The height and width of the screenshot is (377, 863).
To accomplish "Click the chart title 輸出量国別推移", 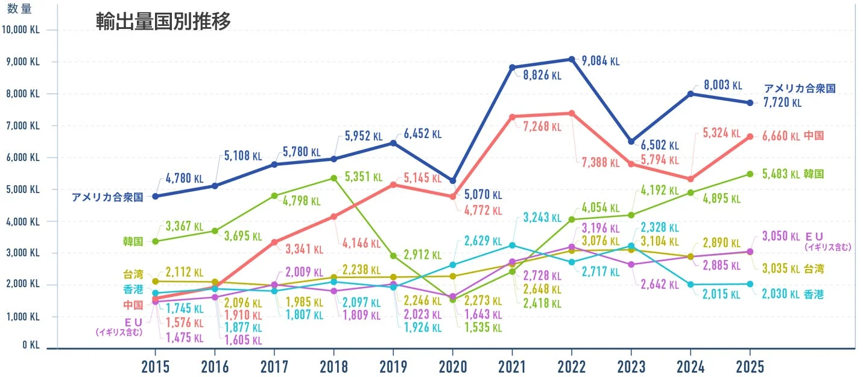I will click(163, 21).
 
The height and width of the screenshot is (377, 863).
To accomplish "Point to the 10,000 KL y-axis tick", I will click(21, 30).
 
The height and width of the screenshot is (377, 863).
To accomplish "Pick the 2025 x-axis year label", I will click(749, 367).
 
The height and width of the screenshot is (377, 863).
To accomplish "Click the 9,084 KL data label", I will click(600, 61).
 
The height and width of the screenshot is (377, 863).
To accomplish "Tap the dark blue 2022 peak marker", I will click(571, 59).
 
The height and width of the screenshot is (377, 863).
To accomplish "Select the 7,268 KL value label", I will click(542, 127).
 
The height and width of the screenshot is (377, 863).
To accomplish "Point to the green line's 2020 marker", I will click(452, 300).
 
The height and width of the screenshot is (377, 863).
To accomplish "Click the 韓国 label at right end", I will click(814, 174).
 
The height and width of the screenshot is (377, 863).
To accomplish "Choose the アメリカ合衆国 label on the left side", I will click(107, 197).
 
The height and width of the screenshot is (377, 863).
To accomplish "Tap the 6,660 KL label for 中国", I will click(782, 136).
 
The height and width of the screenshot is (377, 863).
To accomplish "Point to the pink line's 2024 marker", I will click(690, 179).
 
